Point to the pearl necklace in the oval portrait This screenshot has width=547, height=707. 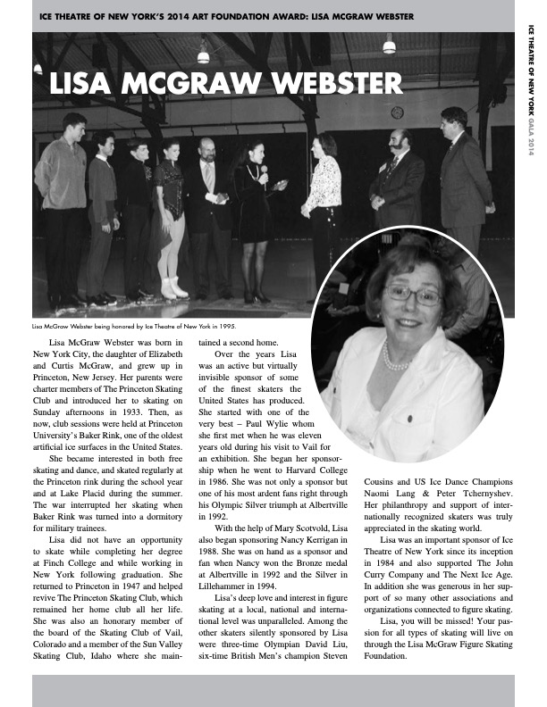click(x=395, y=357)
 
